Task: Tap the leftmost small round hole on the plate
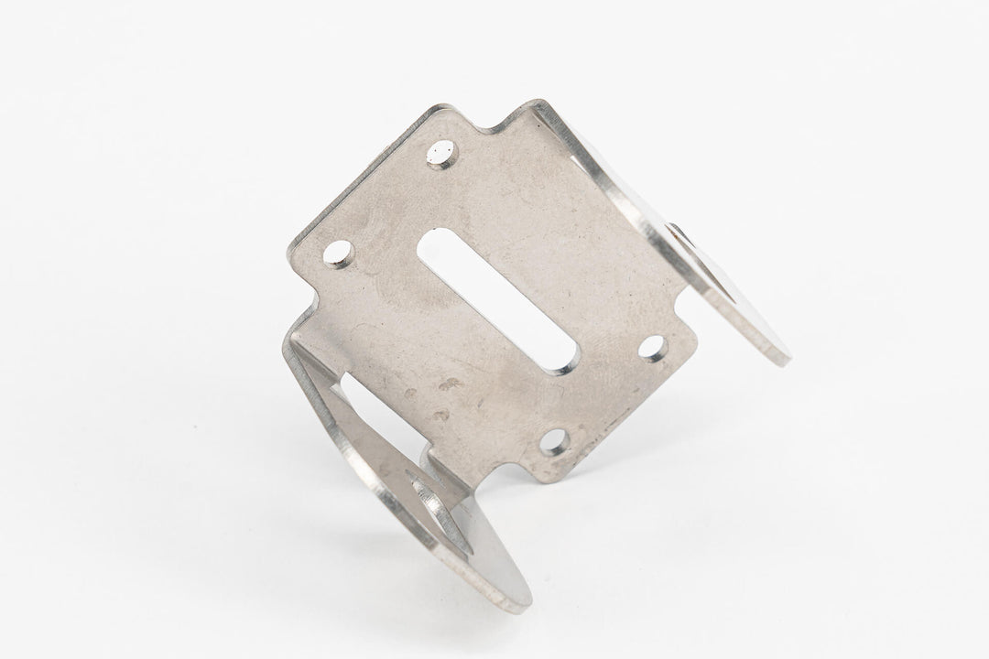point(341,254)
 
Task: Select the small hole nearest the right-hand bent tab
point(654,348)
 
